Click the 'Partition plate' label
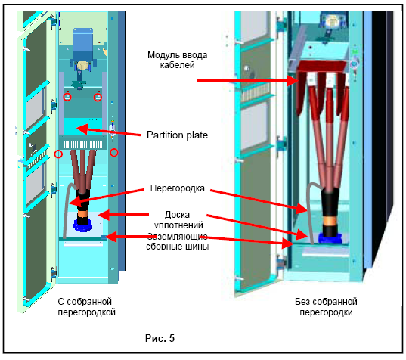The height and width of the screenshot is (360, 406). point(177,135)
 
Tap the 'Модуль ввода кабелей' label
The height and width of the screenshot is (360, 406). point(178,60)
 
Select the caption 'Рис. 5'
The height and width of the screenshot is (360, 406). point(160,338)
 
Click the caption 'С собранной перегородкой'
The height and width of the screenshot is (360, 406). point(86,307)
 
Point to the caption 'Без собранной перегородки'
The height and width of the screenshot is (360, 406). point(326,307)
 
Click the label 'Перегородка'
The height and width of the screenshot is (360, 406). point(178,188)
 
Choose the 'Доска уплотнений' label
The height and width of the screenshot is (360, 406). point(178,219)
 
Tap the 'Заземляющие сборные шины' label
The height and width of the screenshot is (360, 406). point(178,241)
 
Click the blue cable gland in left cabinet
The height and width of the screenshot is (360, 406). point(83,225)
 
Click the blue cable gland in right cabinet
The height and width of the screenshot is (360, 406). point(330,238)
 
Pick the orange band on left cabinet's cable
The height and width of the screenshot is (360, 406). point(83,214)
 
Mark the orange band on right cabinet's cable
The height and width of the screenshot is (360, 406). point(330,221)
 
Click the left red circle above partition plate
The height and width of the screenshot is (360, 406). point(67,97)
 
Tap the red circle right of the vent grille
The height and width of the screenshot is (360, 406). point(114,153)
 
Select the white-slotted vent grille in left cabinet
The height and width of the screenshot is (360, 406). point(83,144)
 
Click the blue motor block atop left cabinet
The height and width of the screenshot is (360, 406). point(82,44)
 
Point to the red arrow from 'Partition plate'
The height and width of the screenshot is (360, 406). point(109,131)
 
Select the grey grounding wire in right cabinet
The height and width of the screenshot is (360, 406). point(311,213)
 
